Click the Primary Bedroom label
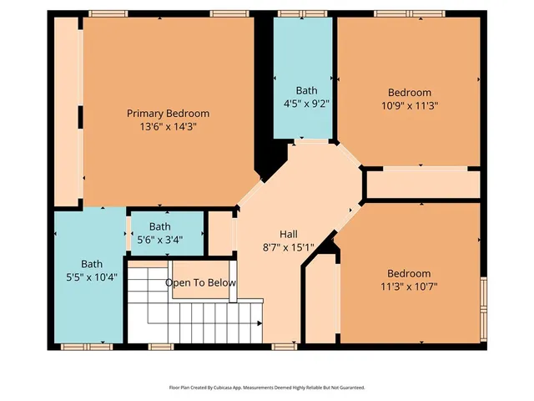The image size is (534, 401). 168,113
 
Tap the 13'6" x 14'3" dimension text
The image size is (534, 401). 168,127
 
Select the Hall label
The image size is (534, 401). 289,234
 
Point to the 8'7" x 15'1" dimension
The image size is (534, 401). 289,247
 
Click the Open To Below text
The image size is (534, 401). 200,283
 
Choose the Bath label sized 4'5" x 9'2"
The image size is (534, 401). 306,90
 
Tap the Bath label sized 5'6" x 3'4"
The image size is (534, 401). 159,226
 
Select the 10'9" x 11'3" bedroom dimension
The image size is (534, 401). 410,106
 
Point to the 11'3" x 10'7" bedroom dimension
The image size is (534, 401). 409,287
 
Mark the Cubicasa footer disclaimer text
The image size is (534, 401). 267,388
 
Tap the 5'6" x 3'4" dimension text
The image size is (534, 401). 159,240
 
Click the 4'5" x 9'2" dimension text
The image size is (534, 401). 306,104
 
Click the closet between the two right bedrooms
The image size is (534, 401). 423,184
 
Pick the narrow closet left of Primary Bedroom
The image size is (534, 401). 66,109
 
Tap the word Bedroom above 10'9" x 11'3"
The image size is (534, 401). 410,92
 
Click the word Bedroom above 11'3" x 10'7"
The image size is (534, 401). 409,273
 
